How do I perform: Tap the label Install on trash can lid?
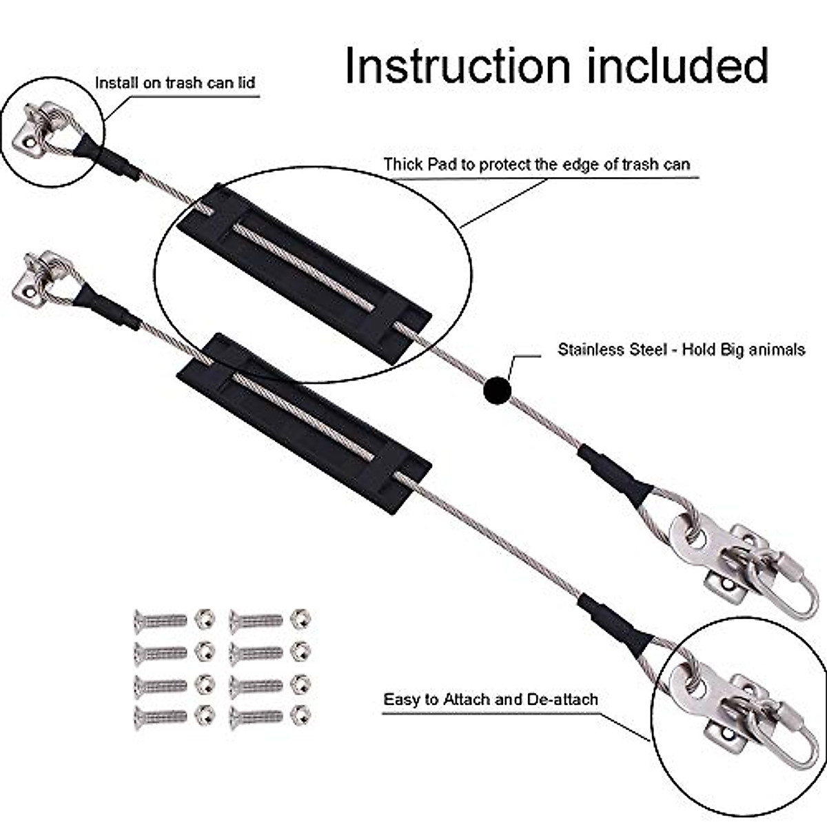[175, 83]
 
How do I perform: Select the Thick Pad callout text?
[537, 164]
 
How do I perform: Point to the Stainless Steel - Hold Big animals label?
[681, 349]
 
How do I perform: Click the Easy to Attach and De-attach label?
[490, 700]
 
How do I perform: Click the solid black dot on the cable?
[497, 391]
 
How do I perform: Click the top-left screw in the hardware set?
[160, 619]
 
